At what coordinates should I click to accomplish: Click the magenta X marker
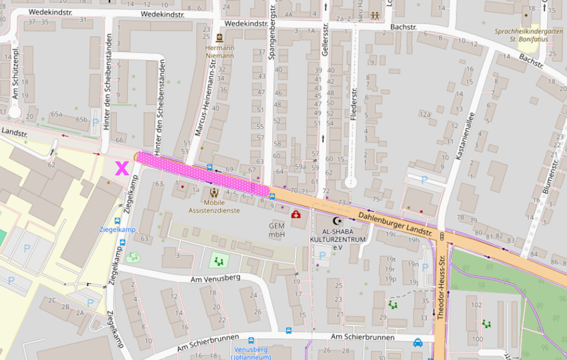121,168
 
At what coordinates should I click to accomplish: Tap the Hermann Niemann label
219,51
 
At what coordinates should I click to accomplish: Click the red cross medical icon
296,214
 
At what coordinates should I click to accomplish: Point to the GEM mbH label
277,230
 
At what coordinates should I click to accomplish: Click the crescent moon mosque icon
336,221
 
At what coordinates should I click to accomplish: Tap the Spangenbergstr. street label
272,33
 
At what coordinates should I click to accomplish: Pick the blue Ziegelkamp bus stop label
117,229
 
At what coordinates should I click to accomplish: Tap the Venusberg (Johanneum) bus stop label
251,353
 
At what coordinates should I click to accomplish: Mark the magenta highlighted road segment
203,172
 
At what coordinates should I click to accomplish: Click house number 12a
424,114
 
